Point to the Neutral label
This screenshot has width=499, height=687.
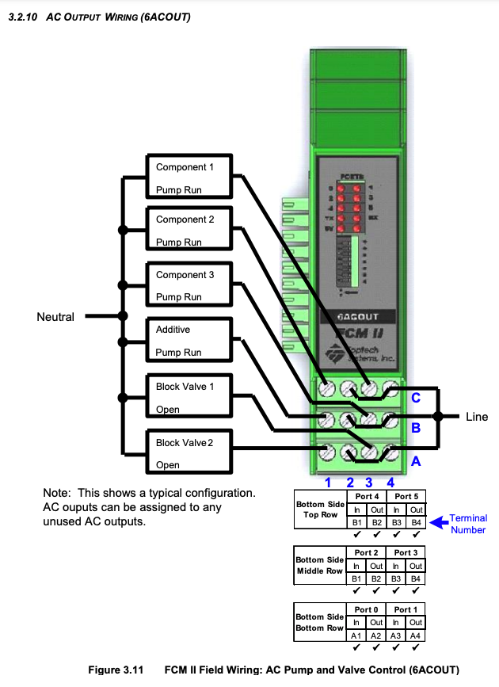[55, 317]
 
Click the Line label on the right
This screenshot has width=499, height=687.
[477, 417]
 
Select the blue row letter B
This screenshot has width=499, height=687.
[414, 429]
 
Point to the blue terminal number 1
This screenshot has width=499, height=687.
[327, 482]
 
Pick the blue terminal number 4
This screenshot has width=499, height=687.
[389, 482]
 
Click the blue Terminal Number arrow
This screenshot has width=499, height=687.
[438, 522]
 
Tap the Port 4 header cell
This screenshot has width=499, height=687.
[367, 496]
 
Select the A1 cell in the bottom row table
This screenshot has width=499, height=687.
[356, 635]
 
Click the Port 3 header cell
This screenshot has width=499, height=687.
[404, 552]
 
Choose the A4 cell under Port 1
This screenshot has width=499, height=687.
[416, 635]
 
